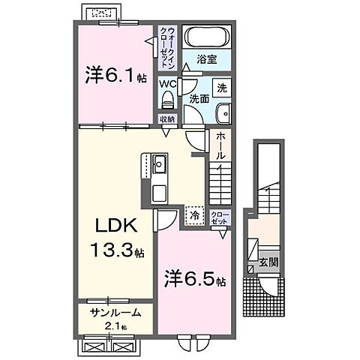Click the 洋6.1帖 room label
[114, 76]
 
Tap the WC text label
[166, 83]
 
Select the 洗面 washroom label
[198, 97]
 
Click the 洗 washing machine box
[222, 87]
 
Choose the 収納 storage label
[166, 119]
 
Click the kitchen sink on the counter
[160, 163]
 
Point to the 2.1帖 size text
[114, 328]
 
